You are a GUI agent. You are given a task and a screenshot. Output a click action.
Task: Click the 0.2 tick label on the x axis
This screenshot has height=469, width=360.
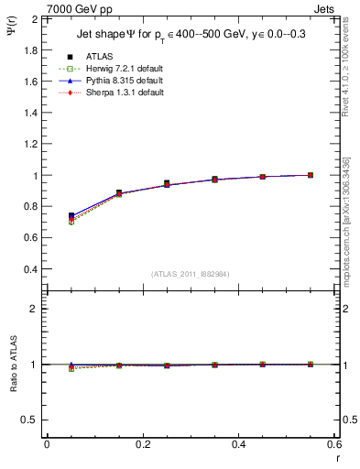(143, 444)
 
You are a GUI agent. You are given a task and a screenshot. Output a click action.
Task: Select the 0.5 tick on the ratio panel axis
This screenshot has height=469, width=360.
(27, 420)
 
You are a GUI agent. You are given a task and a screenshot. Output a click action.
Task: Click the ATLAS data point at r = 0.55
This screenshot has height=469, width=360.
(311, 175)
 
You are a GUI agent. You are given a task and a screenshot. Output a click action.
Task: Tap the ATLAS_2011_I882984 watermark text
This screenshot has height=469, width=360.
(190, 275)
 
